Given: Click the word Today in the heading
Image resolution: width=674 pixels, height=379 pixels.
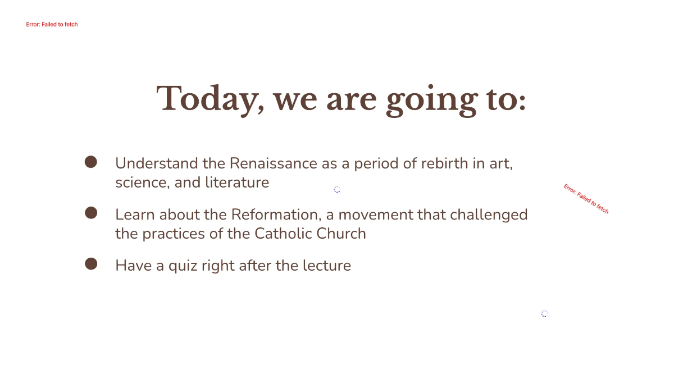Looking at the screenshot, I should point(206,99).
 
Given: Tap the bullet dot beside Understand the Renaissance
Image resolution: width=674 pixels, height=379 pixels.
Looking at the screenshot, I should point(91,162).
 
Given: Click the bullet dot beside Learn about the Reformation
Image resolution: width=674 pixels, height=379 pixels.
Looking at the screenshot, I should point(91,213).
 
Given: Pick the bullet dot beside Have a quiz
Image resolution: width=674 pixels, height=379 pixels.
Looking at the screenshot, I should point(91,263).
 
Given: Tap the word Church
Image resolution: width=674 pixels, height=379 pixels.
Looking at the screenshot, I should point(343,233).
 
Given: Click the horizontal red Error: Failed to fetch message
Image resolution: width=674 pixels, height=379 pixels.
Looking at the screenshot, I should point(52,25).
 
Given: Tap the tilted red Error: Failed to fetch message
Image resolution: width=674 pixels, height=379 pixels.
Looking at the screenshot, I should point(586,199).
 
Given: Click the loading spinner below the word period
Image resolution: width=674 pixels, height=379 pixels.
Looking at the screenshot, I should point(337,190).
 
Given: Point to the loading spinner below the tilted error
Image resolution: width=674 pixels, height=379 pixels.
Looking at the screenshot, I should point(544,314).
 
